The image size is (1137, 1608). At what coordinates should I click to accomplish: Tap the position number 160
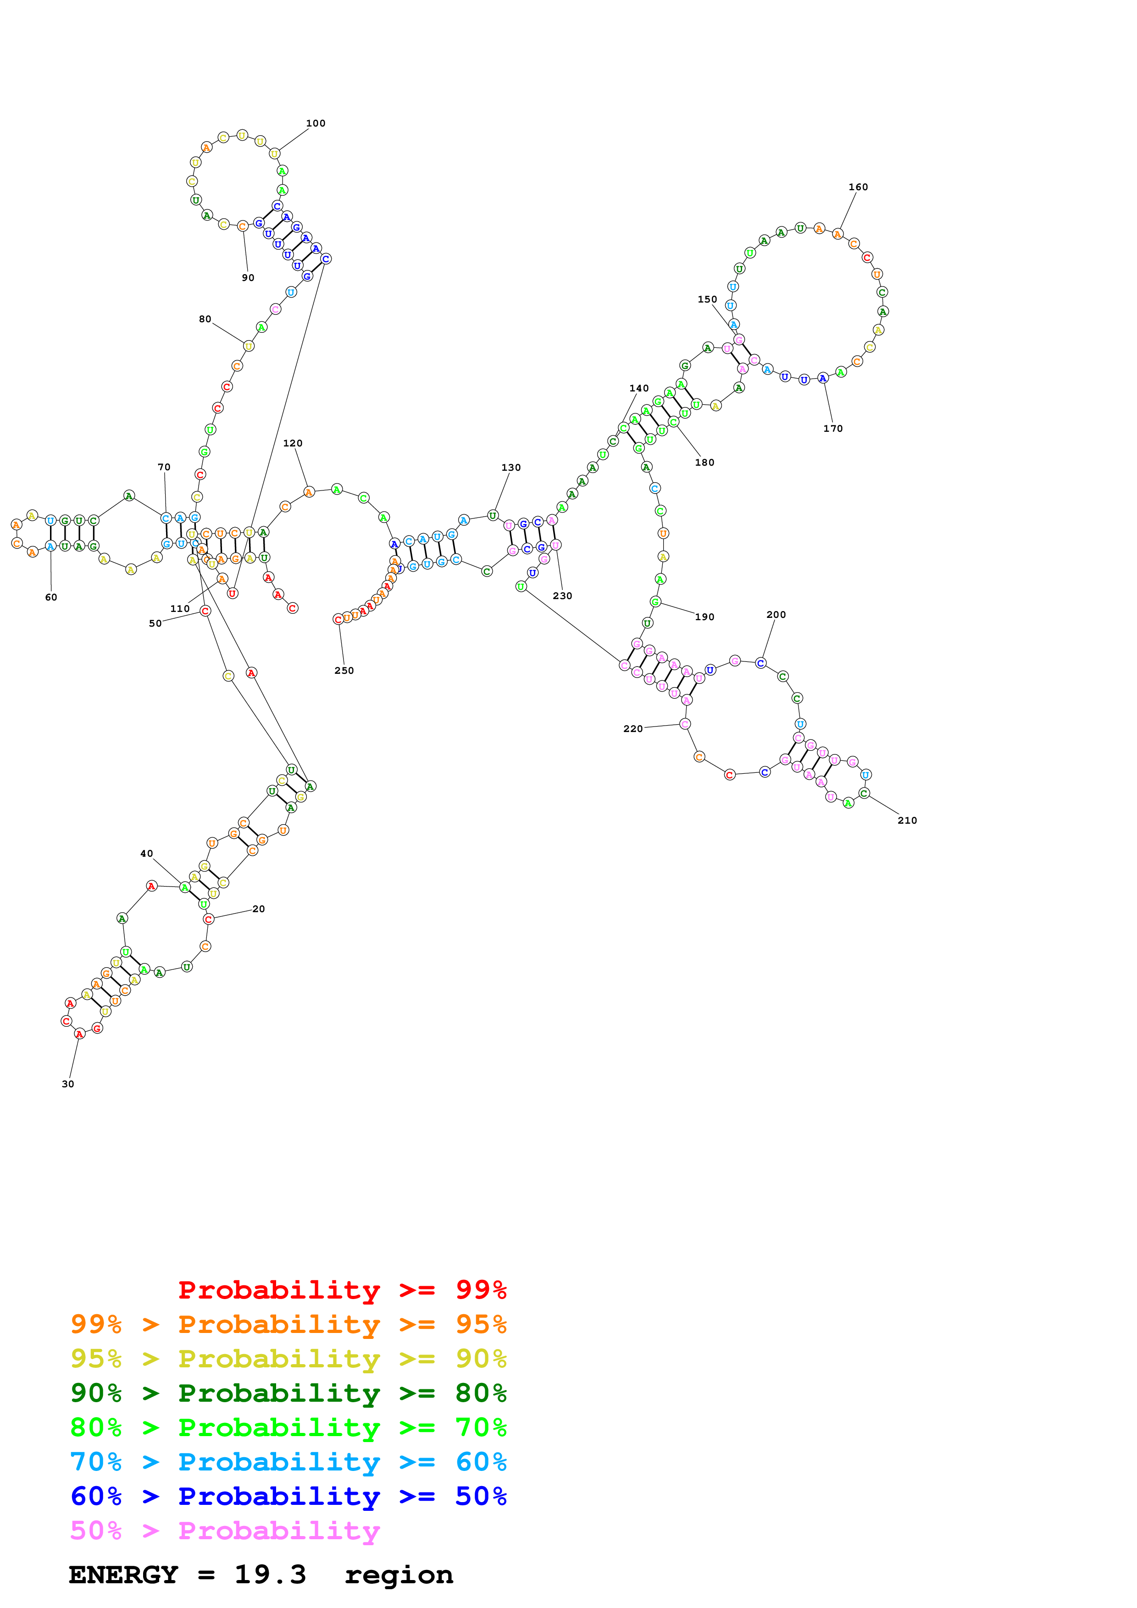pos(858,187)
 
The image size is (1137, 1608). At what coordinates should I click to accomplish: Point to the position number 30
pos(68,1084)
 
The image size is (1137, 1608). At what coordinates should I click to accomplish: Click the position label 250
pos(344,670)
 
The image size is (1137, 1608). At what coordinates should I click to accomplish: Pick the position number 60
pos(51,597)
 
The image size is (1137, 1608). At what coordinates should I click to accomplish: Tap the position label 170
pos(832,429)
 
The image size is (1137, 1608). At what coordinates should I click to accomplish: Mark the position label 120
pos(293,443)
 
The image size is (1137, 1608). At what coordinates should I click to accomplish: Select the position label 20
pos(259,909)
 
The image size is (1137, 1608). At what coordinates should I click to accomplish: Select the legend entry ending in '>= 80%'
pos(288,1393)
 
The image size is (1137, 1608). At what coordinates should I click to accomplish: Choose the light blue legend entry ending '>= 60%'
pos(288,1462)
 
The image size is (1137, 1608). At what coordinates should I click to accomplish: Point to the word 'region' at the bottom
pos(399,1575)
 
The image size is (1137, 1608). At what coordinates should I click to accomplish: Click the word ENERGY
pos(123,1575)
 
